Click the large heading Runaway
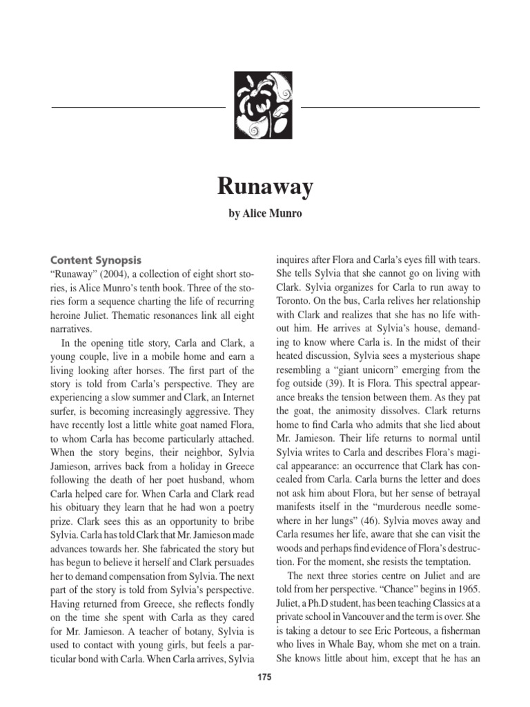tap(265, 186)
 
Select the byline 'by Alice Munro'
tap(265, 215)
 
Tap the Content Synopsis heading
tap(96, 260)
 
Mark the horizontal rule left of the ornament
tap(139, 108)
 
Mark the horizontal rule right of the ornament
tap(390, 108)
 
